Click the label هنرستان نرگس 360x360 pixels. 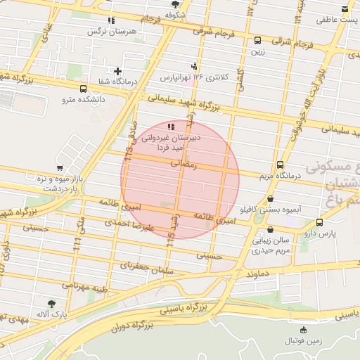click(111, 32)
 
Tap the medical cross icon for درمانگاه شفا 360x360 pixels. click(117, 71)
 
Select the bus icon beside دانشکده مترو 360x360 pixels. click(84, 89)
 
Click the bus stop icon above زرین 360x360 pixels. click(258, 40)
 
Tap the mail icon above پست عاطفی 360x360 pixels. click(344, 9)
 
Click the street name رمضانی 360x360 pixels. click(186, 162)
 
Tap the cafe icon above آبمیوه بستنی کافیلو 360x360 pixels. click(271, 199)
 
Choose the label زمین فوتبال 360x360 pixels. click(303, 341)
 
